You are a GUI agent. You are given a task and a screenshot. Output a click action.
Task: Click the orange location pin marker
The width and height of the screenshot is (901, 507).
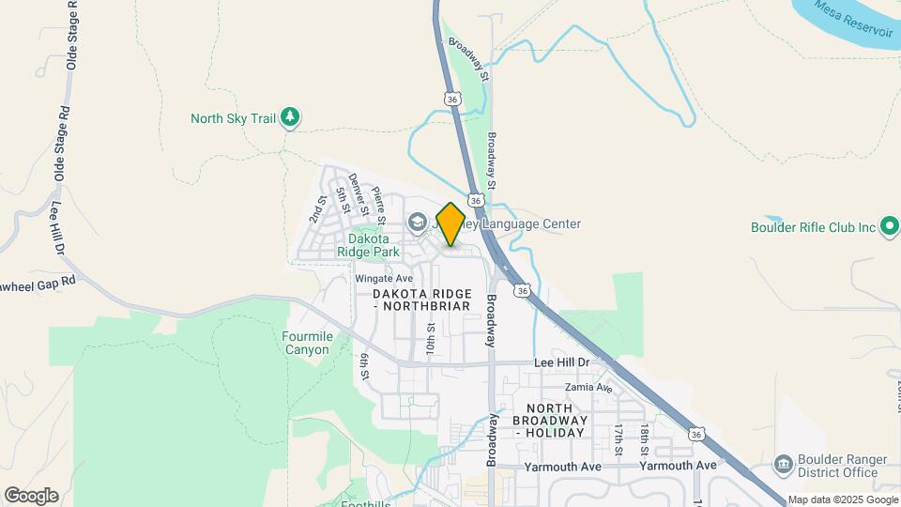tap(450, 225)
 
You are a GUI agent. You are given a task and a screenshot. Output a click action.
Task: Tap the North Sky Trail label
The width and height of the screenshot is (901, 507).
tap(233, 118)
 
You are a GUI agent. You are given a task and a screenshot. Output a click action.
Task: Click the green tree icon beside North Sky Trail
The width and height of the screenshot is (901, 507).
tap(292, 116)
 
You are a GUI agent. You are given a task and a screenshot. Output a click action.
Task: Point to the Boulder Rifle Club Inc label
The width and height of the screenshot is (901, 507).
tap(813, 227)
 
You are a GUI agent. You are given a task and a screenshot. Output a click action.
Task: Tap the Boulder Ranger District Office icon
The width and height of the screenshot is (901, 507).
tap(783, 465)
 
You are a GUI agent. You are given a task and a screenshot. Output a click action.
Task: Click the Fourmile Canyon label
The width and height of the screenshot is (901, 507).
tap(306, 343)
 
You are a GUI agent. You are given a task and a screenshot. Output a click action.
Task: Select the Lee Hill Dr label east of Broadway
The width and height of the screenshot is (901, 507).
tap(561, 362)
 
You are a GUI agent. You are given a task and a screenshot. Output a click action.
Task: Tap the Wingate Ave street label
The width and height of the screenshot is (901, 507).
tap(384, 279)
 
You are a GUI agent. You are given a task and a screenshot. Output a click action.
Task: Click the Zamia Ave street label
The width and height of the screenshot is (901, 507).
tap(588, 388)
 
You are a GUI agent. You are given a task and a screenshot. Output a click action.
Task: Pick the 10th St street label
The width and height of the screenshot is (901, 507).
tap(431, 336)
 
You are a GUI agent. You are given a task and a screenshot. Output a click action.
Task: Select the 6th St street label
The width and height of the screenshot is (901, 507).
tap(363, 367)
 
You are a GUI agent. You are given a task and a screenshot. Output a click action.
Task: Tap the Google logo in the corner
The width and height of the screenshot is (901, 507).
tap(31, 496)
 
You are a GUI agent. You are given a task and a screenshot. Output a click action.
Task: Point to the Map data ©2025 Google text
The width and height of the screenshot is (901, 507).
tap(843, 499)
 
